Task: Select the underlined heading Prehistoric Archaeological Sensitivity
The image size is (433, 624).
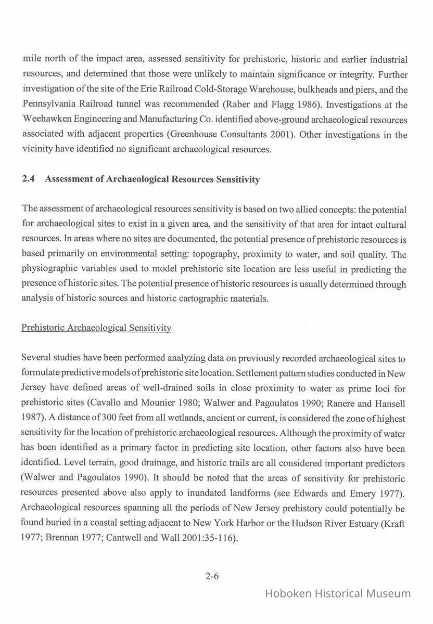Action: [96, 328]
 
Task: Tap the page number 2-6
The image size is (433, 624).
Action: [212, 576]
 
